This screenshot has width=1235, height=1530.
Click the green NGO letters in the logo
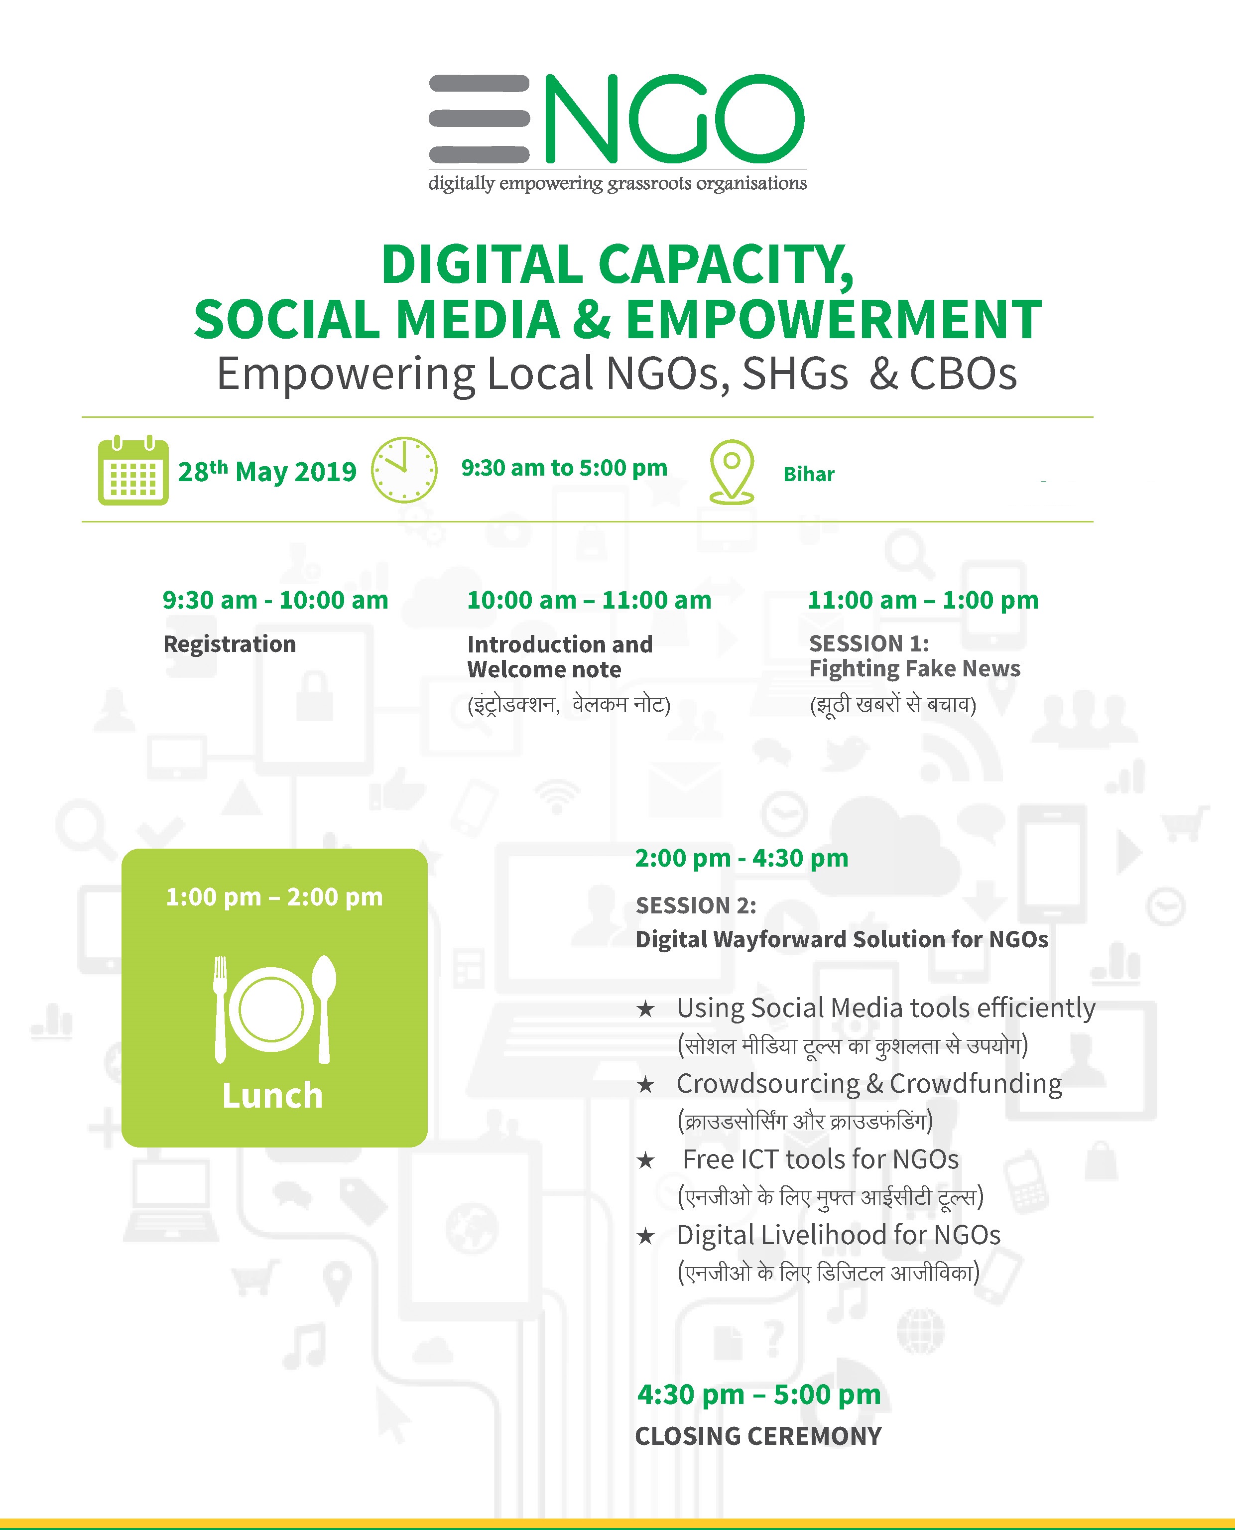tap(674, 118)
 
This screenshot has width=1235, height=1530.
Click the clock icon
tap(404, 470)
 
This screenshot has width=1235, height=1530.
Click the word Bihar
tap(809, 475)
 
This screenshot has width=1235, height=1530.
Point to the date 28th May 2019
tap(267, 471)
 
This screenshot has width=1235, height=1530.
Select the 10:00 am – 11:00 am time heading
tap(589, 600)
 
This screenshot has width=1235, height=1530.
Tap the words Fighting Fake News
tap(915, 668)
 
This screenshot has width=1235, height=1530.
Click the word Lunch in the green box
tap(272, 1095)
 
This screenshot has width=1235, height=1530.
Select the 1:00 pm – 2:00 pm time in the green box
tap(274, 897)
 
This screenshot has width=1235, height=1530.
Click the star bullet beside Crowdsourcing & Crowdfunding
tap(645, 1085)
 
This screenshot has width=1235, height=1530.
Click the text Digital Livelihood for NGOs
tap(839, 1236)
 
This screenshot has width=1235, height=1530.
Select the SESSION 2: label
tap(696, 905)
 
